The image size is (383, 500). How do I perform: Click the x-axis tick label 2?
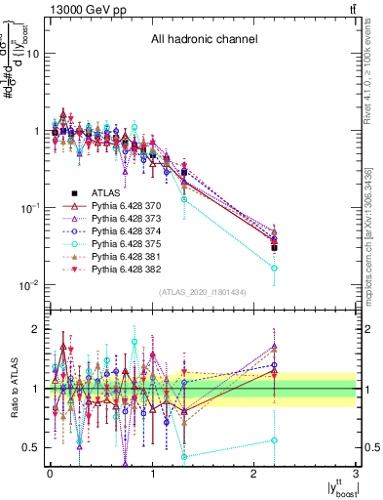(x=255, y=473)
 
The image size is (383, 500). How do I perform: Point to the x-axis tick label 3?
(x=357, y=473)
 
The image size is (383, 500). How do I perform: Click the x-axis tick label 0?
(x=51, y=473)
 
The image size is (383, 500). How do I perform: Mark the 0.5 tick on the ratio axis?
(x=34, y=447)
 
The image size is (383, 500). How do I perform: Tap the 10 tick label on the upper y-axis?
(x=34, y=54)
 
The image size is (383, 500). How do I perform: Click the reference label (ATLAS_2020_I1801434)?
(x=201, y=292)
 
